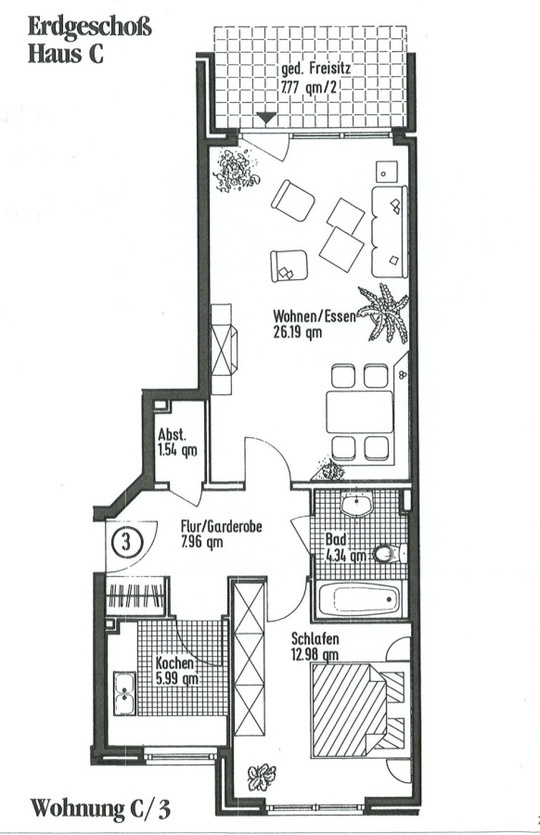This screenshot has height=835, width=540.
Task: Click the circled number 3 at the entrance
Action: tap(126, 542)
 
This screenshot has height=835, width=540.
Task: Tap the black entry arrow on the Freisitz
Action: tap(265, 118)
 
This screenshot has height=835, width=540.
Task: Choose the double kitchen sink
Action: tap(123, 694)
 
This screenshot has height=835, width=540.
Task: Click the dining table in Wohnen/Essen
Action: tap(359, 412)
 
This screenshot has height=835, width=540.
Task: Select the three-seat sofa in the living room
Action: tap(390, 231)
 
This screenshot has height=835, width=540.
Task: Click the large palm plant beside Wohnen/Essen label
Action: tap(384, 314)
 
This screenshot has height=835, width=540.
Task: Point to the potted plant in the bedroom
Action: tap(261, 777)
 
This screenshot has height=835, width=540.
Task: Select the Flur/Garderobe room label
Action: tap(221, 527)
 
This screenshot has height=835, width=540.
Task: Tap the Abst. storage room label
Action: tap(172, 435)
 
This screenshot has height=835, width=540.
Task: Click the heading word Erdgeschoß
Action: tap(89, 28)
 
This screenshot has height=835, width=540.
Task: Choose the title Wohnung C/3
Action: tap(100, 807)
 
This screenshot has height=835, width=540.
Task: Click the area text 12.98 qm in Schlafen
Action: tap(315, 655)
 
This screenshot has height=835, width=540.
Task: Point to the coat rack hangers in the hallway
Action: tap(135, 597)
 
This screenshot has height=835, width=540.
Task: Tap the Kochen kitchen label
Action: tap(174, 663)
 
